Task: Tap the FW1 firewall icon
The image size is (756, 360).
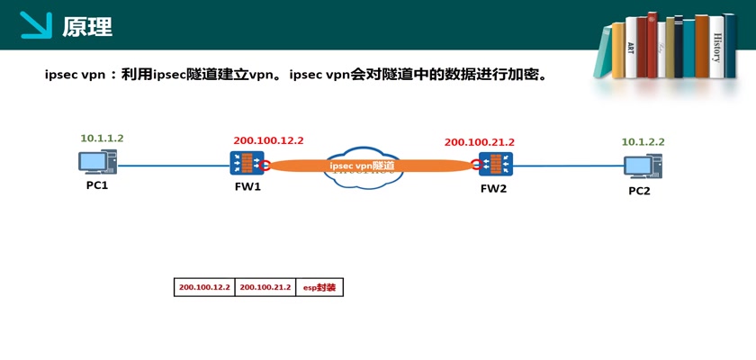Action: pyautogui.click(x=247, y=164)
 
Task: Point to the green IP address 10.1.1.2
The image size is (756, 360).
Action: pyautogui.click(x=102, y=139)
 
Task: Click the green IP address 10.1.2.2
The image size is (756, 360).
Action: pyautogui.click(x=643, y=142)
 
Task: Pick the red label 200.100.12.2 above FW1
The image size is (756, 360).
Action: pyautogui.click(x=268, y=140)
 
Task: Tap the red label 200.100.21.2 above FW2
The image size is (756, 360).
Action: pyautogui.click(x=479, y=142)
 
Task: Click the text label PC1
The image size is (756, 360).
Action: pyautogui.click(x=97, y=185)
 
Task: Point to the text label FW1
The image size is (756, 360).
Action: pyautogui.click(x=247, y=187)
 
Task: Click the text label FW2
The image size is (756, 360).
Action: pyautogui.click(x=494, y=188)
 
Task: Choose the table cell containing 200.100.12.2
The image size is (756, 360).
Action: pyautogui.click(x=204, y=288)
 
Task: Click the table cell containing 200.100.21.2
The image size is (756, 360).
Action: pyautogui.click(x=265, y=288)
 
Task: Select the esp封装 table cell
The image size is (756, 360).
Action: pyautogui.click(x=319, y=288)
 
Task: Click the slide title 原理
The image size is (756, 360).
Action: pyautogui.click(x=87, y=26)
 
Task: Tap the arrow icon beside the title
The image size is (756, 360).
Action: pyautogui.click(x=36, y=25)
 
